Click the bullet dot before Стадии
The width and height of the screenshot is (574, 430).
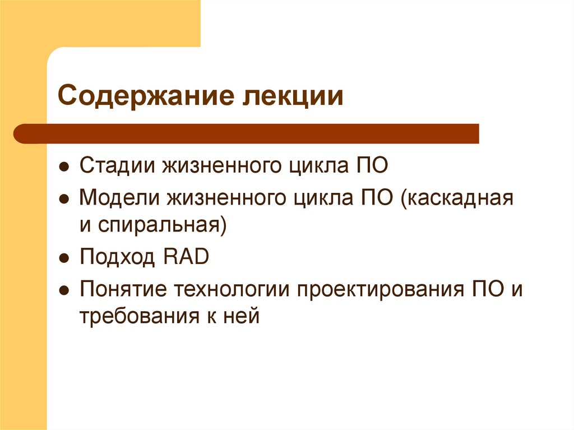pyautogui.click(x=64, y=167)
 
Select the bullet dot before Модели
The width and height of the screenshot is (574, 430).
pyautogui.click(x=64, y=198)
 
